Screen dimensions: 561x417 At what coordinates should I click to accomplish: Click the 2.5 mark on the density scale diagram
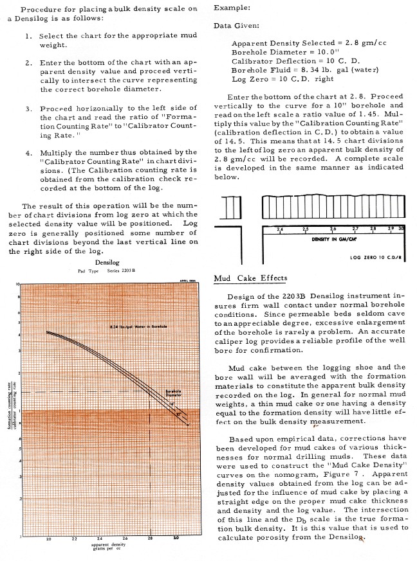[x=306, y=229]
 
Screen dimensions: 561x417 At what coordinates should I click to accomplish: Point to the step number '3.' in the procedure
[x=30, y=108]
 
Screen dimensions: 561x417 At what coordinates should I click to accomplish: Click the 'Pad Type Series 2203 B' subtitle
[x=106, y=271]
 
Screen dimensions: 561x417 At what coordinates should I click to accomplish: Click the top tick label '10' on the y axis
[x=19, y=283]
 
